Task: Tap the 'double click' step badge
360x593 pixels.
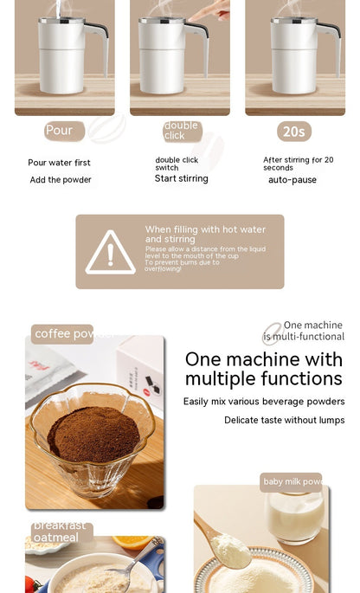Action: [x=182, y=131]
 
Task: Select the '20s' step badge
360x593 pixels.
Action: [x=294, y=132]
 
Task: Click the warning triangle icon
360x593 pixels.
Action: [x=110, y=252]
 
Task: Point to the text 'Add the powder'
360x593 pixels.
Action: [x=61, y=180]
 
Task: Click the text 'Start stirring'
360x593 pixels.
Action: [x=182, y=178]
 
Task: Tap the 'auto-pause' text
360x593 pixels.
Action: [x=292, y=180]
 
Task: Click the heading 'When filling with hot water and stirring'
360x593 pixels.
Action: [x=205, y=234]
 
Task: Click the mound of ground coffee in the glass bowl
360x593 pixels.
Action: [x=93, y=433]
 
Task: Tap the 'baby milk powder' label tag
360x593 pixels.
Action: [x=291, y=482]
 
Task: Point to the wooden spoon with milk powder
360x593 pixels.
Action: [x=221, y=546]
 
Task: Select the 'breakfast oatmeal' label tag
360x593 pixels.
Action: [x=61, y=532]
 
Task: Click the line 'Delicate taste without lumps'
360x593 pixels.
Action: [x=284, y=420]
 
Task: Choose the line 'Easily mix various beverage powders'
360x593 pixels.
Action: [x=263, y=402]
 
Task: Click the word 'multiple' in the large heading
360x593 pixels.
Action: [x=221, y=379]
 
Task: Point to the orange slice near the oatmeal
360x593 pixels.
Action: [x=131, y=543]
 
